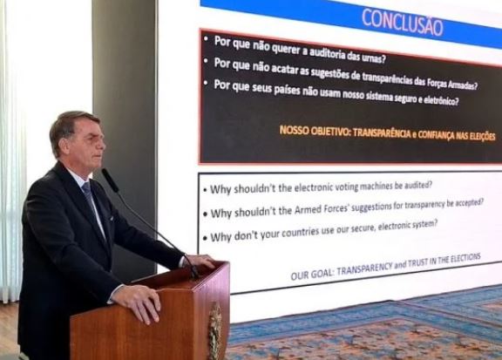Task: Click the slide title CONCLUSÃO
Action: [403, 22]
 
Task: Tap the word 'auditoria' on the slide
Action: [327, 53]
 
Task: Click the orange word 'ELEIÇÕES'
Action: [482, 137]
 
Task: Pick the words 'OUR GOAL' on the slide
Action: [311, 275]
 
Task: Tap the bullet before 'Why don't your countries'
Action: [205, 239]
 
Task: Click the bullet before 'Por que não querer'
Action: [206, 39]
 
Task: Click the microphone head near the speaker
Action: [110, 180]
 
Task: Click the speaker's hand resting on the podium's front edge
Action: [138, 302]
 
